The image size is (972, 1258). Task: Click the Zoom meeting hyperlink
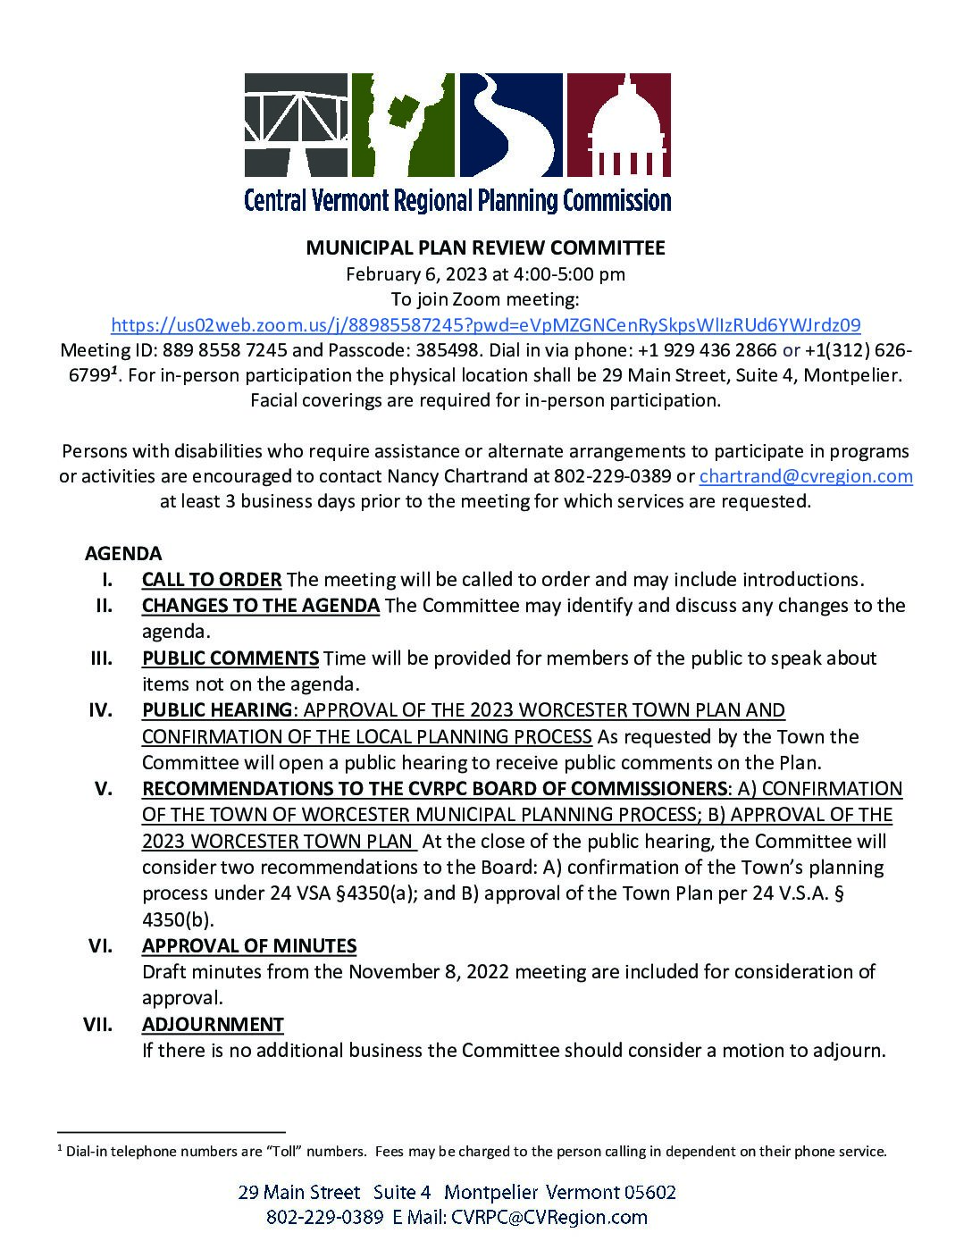click(485, 323)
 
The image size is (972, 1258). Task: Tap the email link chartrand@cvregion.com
click(805, 476)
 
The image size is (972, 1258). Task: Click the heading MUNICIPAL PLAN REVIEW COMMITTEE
click(485, 247)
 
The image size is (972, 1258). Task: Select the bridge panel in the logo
click(296, 125)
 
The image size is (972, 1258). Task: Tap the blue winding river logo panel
click(510, 125)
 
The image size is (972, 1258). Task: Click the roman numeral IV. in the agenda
click(99, 710)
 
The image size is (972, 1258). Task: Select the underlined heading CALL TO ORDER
click(212, 579)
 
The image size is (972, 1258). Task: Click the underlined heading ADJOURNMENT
click(213, 1024)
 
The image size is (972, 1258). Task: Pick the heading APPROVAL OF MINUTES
click(249, 945)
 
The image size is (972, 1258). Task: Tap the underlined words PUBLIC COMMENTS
click(230, 658)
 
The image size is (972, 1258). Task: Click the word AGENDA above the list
click(123, 553)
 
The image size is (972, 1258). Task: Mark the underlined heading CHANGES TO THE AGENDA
click(261, 606)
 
